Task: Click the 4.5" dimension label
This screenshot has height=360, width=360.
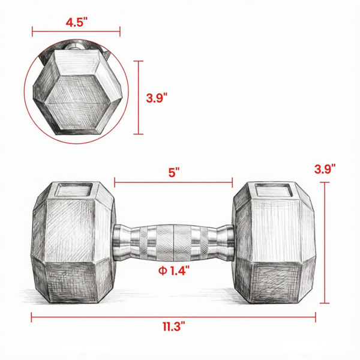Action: coord(77,22)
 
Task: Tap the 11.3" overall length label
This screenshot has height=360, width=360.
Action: coord(174,326)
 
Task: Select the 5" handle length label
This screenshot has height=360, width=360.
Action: coord(174,172)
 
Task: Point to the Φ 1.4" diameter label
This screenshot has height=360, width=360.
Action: coord(174,271)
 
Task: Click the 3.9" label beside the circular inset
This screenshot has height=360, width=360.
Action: coord(157,98)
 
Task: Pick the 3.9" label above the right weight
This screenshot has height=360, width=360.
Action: coord(325,169)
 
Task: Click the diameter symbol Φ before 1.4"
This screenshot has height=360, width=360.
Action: coord(163,271)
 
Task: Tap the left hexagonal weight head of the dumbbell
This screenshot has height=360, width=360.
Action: coord(73,242)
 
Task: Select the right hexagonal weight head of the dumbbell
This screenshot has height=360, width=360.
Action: coord(274,242)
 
